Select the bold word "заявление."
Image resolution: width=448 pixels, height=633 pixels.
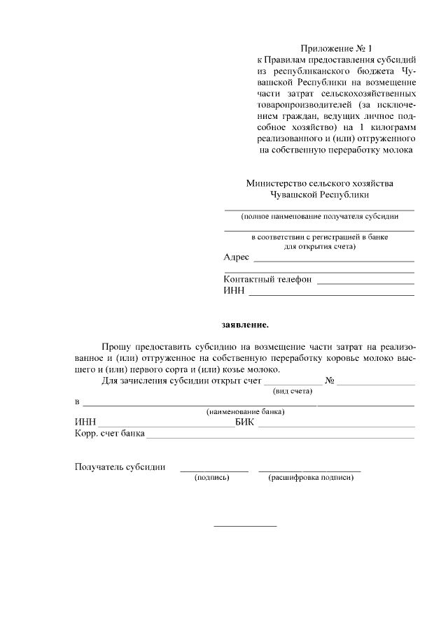(x=244, y=325)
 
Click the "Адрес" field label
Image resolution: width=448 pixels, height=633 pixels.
(x=236, y=257)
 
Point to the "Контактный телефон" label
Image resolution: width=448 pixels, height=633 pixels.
(x=267, y=279)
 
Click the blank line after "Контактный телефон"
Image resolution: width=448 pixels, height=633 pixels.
(x=365, y=282)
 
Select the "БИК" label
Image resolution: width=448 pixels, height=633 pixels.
(x=244, y=422)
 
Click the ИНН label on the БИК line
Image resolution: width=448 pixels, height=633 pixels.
(x=85, y=422)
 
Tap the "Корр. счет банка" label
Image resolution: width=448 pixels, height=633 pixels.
(x=109, y=434)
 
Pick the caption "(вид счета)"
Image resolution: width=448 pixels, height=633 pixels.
(x=293, y=391)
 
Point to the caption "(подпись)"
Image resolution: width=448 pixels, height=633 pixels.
(x=211, y=478)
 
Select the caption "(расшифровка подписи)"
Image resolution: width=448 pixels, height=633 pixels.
(x=310, y=478)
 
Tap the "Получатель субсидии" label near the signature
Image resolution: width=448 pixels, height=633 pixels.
(x=120, y=467)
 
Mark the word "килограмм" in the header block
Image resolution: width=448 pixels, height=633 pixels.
(x=393, y=127)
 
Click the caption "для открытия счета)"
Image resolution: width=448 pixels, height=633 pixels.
(x=319, y=246)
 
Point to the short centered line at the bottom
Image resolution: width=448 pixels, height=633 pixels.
(x=244, y=526)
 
